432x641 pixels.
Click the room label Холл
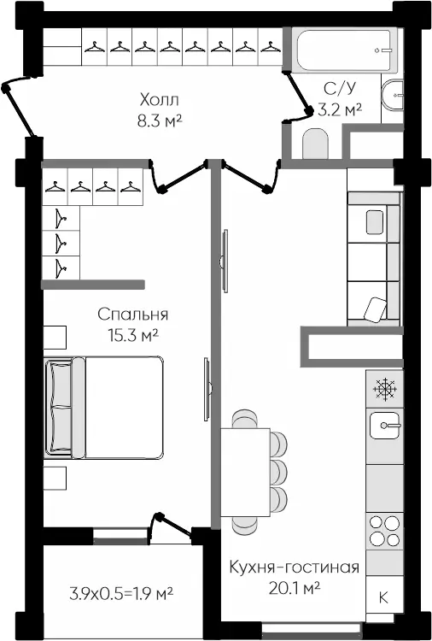pos(160,99)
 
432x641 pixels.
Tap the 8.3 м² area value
pos(160,121)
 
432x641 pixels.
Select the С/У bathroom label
pos(340,88)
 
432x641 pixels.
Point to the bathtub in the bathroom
pos(345,50)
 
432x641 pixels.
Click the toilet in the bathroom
pos(315,144)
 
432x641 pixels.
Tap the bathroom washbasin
pos(393,95)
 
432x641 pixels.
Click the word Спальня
pos(133,315)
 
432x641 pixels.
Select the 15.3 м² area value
pos(133,336)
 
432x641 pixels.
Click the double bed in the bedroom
pos(104,407)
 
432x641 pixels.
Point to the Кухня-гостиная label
pos(294,567)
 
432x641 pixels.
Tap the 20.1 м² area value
pos(294,588)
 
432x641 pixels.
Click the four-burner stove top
pos(385,531)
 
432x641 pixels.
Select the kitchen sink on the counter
pos(385,426)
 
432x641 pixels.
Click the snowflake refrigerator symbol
pos(385,389)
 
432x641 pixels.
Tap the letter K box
pos(385,597)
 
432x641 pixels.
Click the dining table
pos(245,472)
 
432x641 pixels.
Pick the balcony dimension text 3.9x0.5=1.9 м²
pos(121,593)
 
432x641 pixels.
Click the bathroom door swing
pos(299,96)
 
